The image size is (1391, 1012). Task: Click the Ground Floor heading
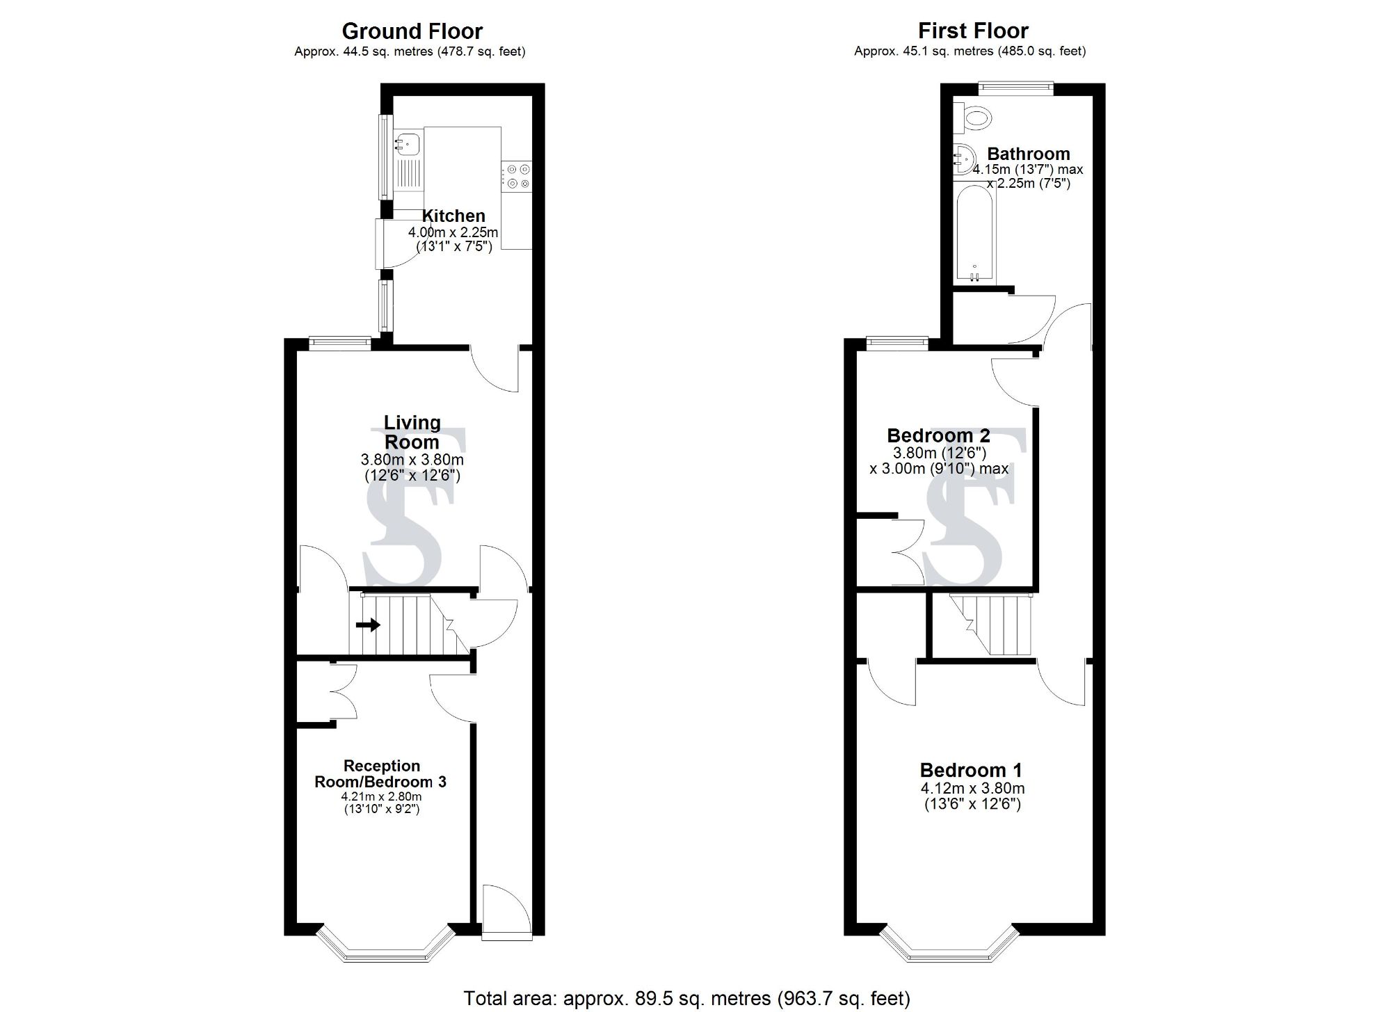412,31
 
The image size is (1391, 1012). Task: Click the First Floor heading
973,31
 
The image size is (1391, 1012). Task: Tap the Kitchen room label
453,216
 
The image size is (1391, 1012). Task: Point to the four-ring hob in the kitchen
516,175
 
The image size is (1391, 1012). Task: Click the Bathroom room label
1029,154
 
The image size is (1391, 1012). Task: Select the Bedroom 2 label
938,436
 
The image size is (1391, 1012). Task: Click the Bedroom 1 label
971,770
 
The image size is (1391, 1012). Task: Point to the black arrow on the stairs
369,625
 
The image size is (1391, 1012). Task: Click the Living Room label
412,432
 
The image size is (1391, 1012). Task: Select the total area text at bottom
686,998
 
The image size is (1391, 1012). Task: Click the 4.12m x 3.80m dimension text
972,788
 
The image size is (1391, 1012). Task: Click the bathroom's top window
1015,87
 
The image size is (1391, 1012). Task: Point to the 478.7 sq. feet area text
481,51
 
